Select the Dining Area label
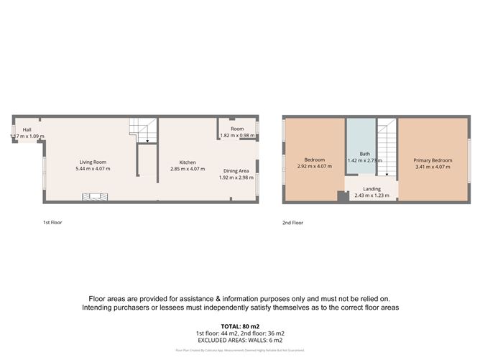pos(238,170)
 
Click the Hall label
pos(27,130)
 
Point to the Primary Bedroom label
pos(433,160)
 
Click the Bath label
pos(364,154)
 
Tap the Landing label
pos(371,189)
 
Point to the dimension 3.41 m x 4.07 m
pos(433,167)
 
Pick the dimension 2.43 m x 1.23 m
pos(371,195)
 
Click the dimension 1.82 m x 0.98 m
pos(237,136)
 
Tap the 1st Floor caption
pos(52,223)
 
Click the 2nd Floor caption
pos(292,223)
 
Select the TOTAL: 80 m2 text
pos(239,326)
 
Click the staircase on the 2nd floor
pos(387,147)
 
